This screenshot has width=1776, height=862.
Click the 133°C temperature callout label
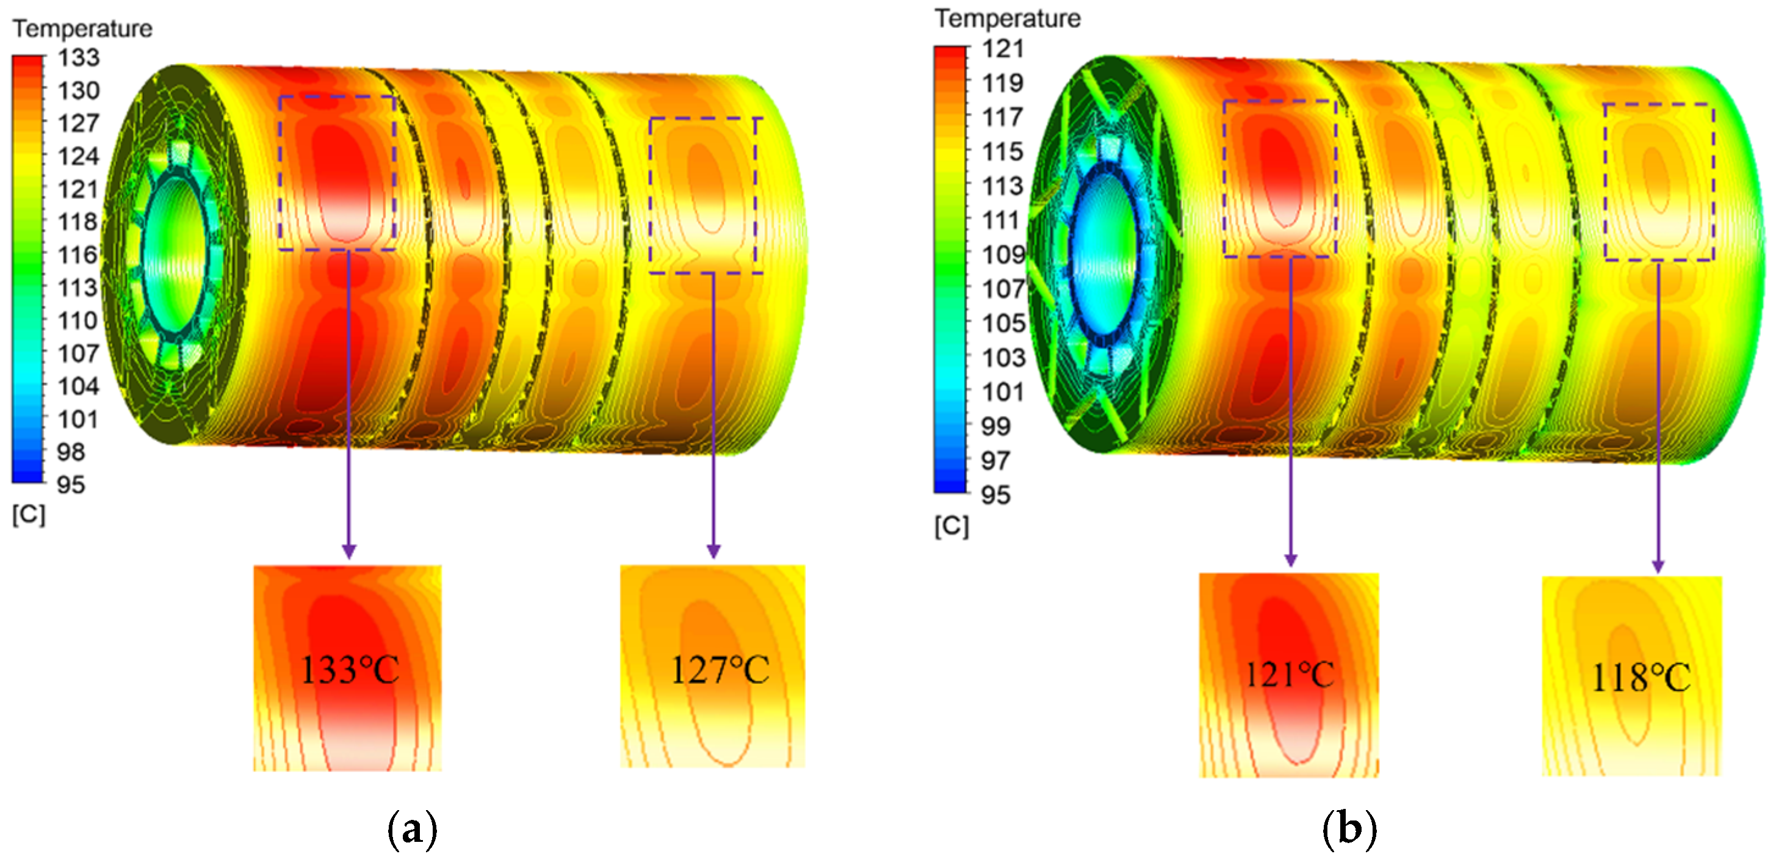[350, 670]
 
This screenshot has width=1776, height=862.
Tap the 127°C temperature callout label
[720, 670]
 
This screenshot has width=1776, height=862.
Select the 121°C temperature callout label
[1289, 675]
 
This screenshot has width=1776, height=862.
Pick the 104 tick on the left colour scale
[78, 386]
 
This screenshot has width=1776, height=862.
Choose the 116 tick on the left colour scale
[78, 255]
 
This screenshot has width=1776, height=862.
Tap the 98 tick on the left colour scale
[71, 452]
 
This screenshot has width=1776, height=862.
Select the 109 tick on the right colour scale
[1003, 254]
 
